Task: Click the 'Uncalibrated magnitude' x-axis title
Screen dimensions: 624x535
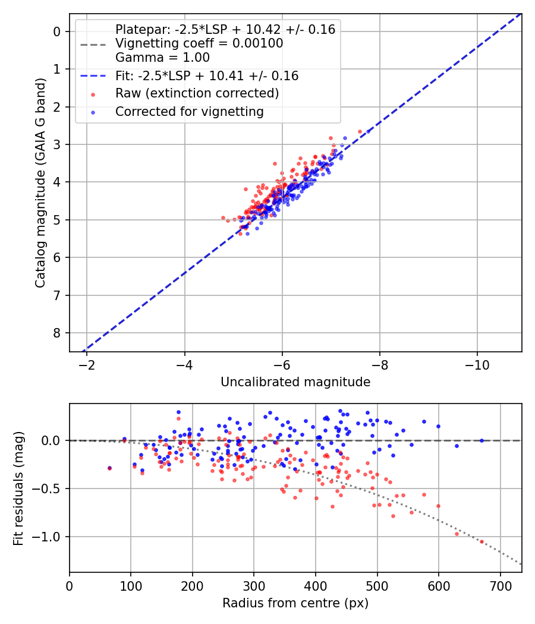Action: pos(295,382)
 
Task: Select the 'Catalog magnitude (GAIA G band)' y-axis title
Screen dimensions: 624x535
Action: pos(40,182)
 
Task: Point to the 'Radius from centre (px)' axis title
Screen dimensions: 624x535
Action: pos(295,603)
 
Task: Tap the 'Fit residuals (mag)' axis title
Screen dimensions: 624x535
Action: pos(18,488)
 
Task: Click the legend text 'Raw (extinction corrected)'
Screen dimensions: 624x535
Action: pos(197,93)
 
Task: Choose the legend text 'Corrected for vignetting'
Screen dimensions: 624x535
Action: pos(189,111)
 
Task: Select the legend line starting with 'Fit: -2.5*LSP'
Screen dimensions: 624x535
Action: pos(207,76)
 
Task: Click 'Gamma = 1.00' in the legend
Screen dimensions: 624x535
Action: pos(162,58)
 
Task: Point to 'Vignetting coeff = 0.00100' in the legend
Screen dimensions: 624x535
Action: pos(199,43)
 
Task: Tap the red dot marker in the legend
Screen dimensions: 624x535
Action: pos(93,94)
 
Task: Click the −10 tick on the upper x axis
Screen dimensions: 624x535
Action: pos(477,364)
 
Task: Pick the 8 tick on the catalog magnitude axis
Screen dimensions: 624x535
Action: pos(58,333)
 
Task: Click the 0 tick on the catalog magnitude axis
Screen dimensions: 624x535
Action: pos(58,31)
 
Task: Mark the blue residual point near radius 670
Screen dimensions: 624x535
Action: pos(481,440)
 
